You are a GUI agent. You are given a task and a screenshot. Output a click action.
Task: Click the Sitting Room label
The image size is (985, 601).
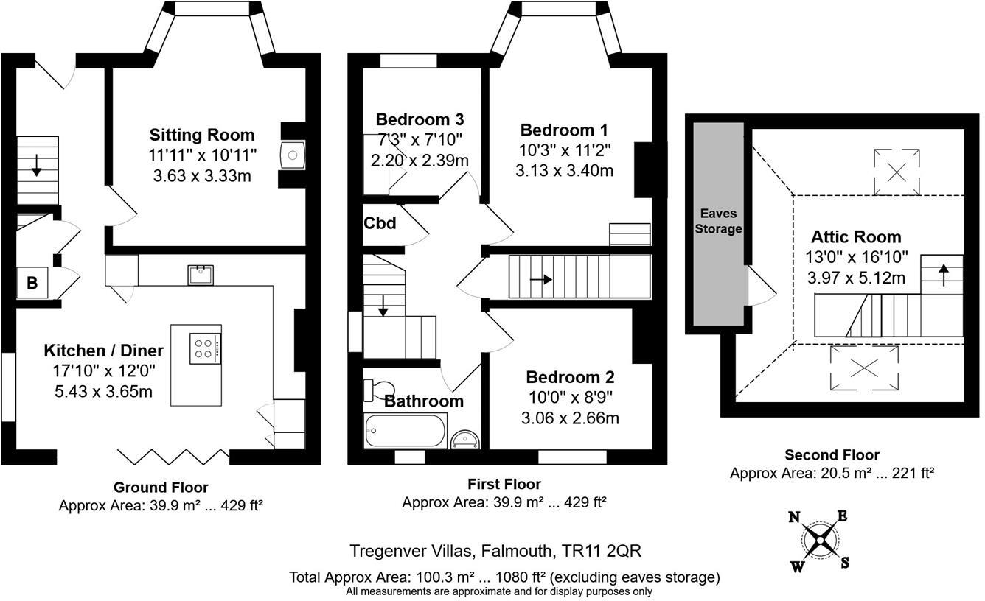pos(202,135)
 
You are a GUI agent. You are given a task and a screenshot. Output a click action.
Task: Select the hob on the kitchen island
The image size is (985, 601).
pos(205,348)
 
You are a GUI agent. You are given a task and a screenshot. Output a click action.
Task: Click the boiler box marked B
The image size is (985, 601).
pos(33,283)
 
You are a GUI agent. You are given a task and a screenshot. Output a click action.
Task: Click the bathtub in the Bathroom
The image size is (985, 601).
pos(406,430)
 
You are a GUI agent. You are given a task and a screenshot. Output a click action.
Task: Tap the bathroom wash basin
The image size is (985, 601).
pos(466,439)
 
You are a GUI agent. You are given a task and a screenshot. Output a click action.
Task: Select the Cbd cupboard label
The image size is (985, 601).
pos(380,223)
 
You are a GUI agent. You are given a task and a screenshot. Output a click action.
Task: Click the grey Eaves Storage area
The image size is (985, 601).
pos(718,221)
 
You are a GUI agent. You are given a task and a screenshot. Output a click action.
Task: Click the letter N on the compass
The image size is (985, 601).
pos(795,517)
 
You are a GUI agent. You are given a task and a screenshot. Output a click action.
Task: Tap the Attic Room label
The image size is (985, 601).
pos(856,237)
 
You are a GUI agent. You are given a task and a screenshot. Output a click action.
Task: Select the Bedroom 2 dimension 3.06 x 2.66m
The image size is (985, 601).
pos(570,418)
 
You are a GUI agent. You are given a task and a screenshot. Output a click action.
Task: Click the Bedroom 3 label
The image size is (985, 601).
pos(420,119)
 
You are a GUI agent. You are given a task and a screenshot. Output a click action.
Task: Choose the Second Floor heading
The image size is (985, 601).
pos(832,455)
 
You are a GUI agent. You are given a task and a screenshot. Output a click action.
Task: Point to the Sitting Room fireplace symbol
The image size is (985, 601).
pos(293,155)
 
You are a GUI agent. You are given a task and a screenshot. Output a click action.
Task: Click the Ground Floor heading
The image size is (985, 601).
pos(160,488)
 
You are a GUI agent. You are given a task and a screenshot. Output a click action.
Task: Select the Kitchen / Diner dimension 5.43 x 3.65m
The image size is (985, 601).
pos(103,391)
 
